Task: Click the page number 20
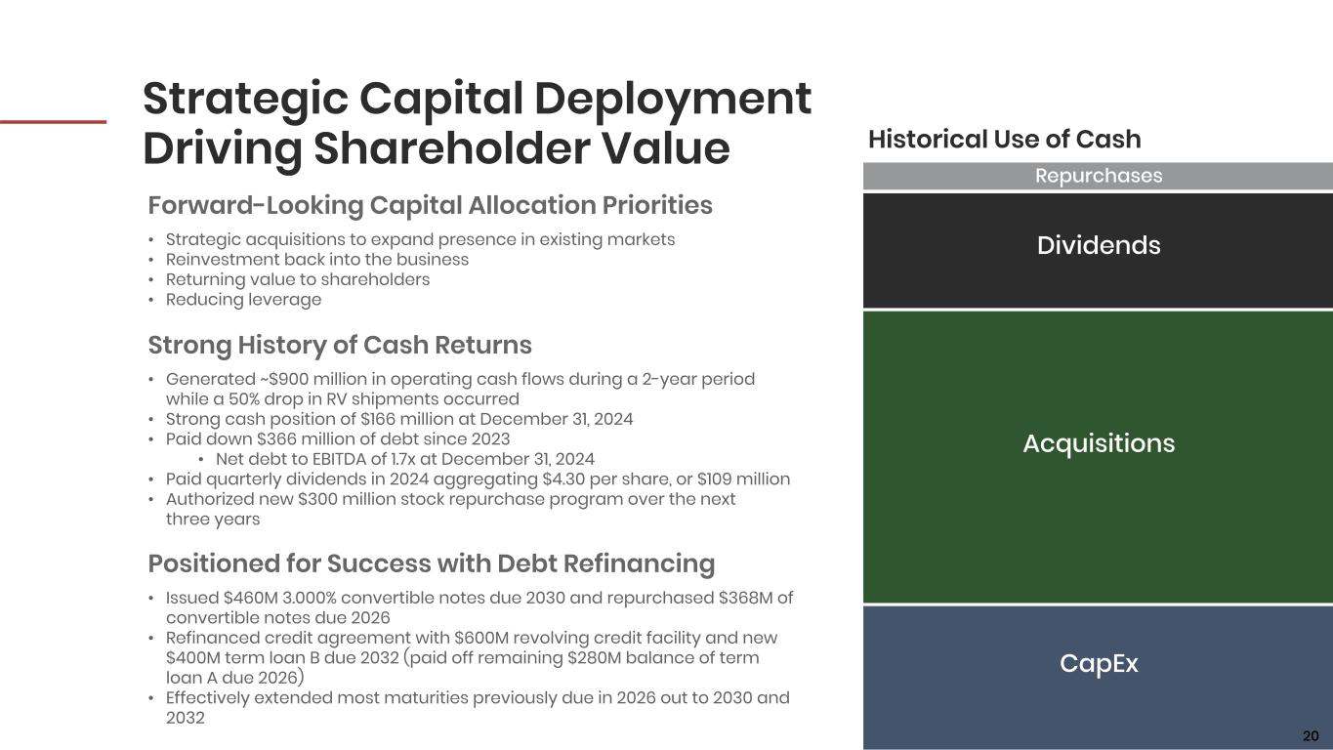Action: (x=1311, y=735)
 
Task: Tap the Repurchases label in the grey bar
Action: (x=1099, y=176)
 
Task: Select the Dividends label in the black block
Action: (x=1099, y=245)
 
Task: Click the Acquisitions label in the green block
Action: (x=1099, y=443)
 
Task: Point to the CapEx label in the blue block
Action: (x=1099, y=663)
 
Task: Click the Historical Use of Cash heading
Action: (x=1005, y=140)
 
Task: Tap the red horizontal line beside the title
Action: (x=53, y=122)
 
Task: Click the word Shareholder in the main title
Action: (x=452, y=148)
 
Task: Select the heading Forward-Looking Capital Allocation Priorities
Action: (x=430, y=205)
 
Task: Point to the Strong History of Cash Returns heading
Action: (x=340, y=346)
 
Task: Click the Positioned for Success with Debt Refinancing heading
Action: (x=432, y=563)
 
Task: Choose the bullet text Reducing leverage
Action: (x=243, y=300)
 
